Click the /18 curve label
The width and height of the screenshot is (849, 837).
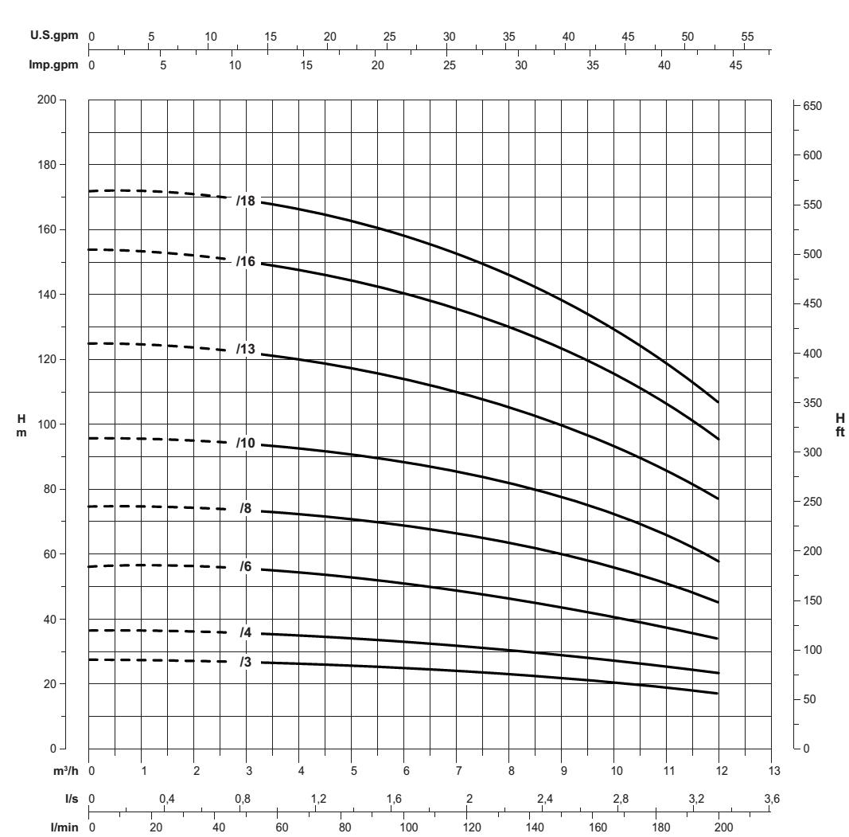pyautogui.click(x=244, y=201)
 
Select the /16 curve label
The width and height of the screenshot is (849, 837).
pyautogui.click(x=244, y=261)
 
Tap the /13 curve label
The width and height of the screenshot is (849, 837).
pyautogui.click(x=244, y=349)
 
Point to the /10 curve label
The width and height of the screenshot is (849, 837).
pyautogui.click(x=244, y=443)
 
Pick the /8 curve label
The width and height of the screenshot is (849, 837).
pyautogui.click(x=246, y=507)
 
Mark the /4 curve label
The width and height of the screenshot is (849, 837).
pyautogui.click(x=246, y=632)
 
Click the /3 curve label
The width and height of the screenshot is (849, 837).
pyautogui.click(x=246, y=660)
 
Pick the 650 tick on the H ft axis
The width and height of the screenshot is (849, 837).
pyautogui.click(x=817, y=106)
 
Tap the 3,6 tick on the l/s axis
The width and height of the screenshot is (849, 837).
pyautogui.click(x=770, y=799)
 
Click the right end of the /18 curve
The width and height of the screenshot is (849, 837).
pyautogui.click(x=719, y=402)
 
